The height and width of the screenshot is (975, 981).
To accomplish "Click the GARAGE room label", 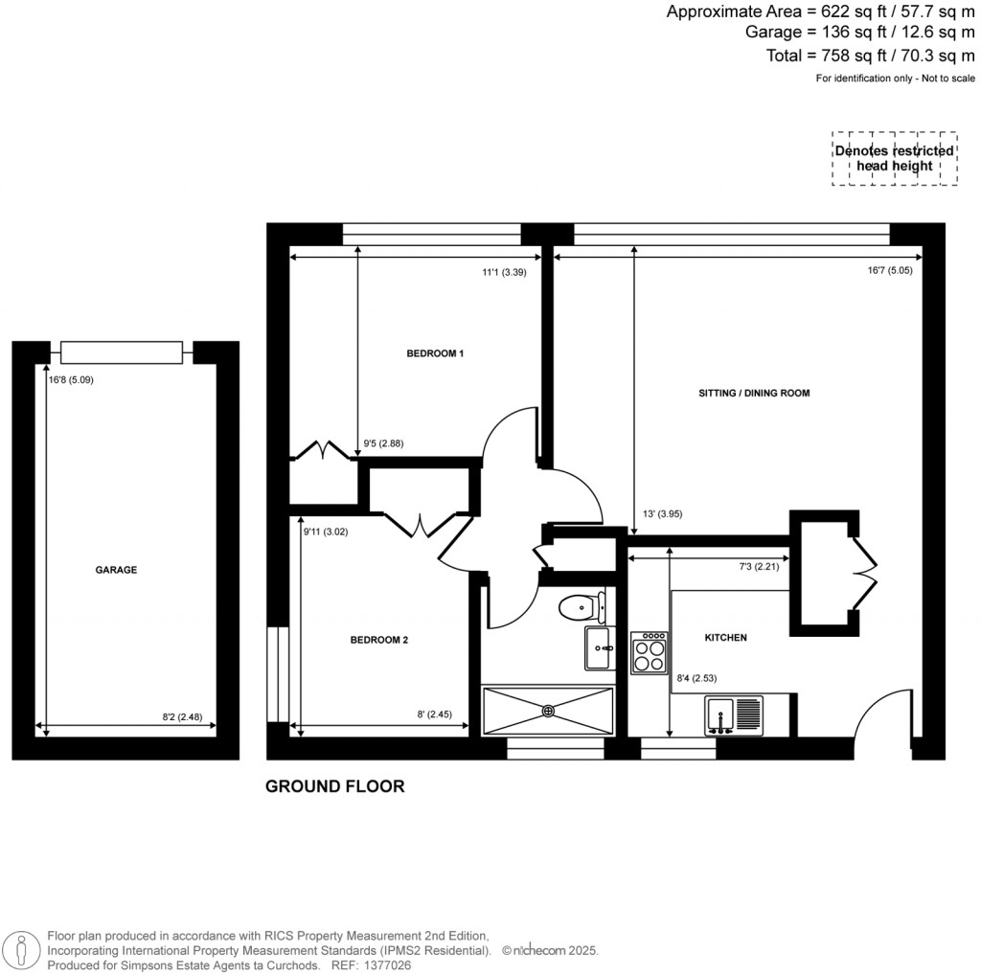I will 116,570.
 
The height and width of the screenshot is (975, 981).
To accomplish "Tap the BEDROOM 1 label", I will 435,353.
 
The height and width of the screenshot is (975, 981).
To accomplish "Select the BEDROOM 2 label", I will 378,639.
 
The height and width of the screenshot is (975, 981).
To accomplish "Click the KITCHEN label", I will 725,637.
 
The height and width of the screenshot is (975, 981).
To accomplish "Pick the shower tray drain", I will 548,711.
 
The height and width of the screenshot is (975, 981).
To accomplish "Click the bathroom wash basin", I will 599,648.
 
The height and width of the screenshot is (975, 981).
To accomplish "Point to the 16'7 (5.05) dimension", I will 890,271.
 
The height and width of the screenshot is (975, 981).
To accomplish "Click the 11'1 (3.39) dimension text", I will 504,271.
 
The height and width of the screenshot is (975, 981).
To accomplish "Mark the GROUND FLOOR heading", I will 334,786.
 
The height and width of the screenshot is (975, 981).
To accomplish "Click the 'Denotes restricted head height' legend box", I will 894,158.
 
